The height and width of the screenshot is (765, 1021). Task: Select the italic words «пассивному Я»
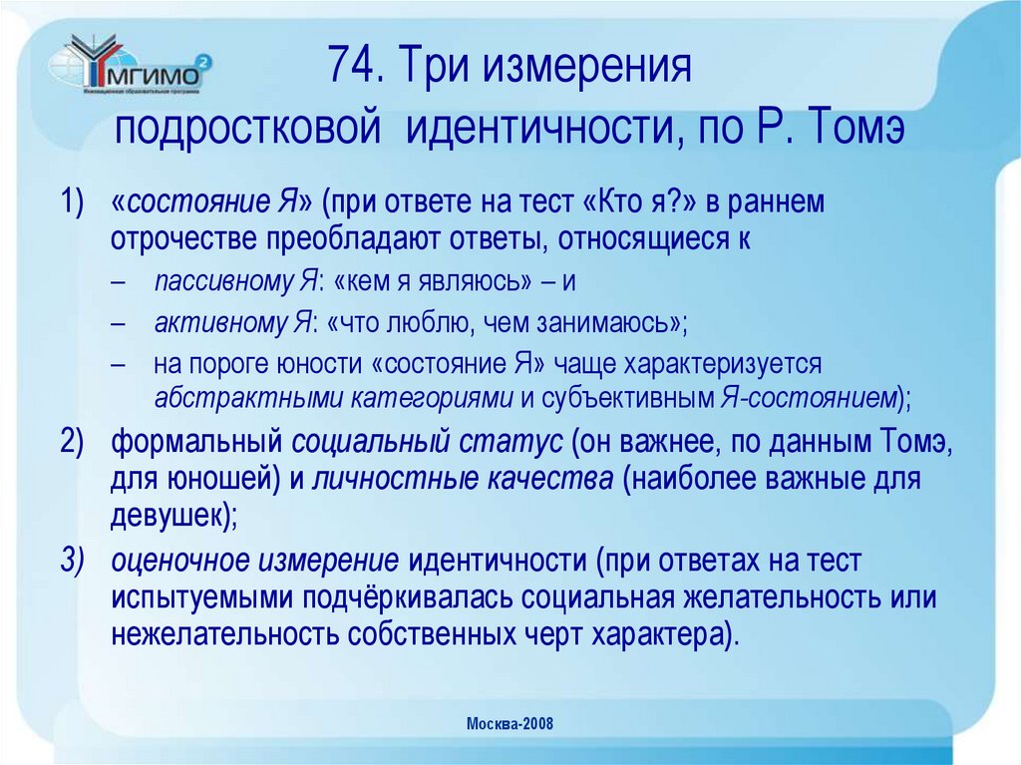pos(234,282)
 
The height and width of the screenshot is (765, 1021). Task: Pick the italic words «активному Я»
pos(232,322)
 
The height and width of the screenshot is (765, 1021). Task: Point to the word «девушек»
pos(169,516)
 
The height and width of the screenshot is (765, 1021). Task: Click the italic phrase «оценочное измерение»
pos(255,563)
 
